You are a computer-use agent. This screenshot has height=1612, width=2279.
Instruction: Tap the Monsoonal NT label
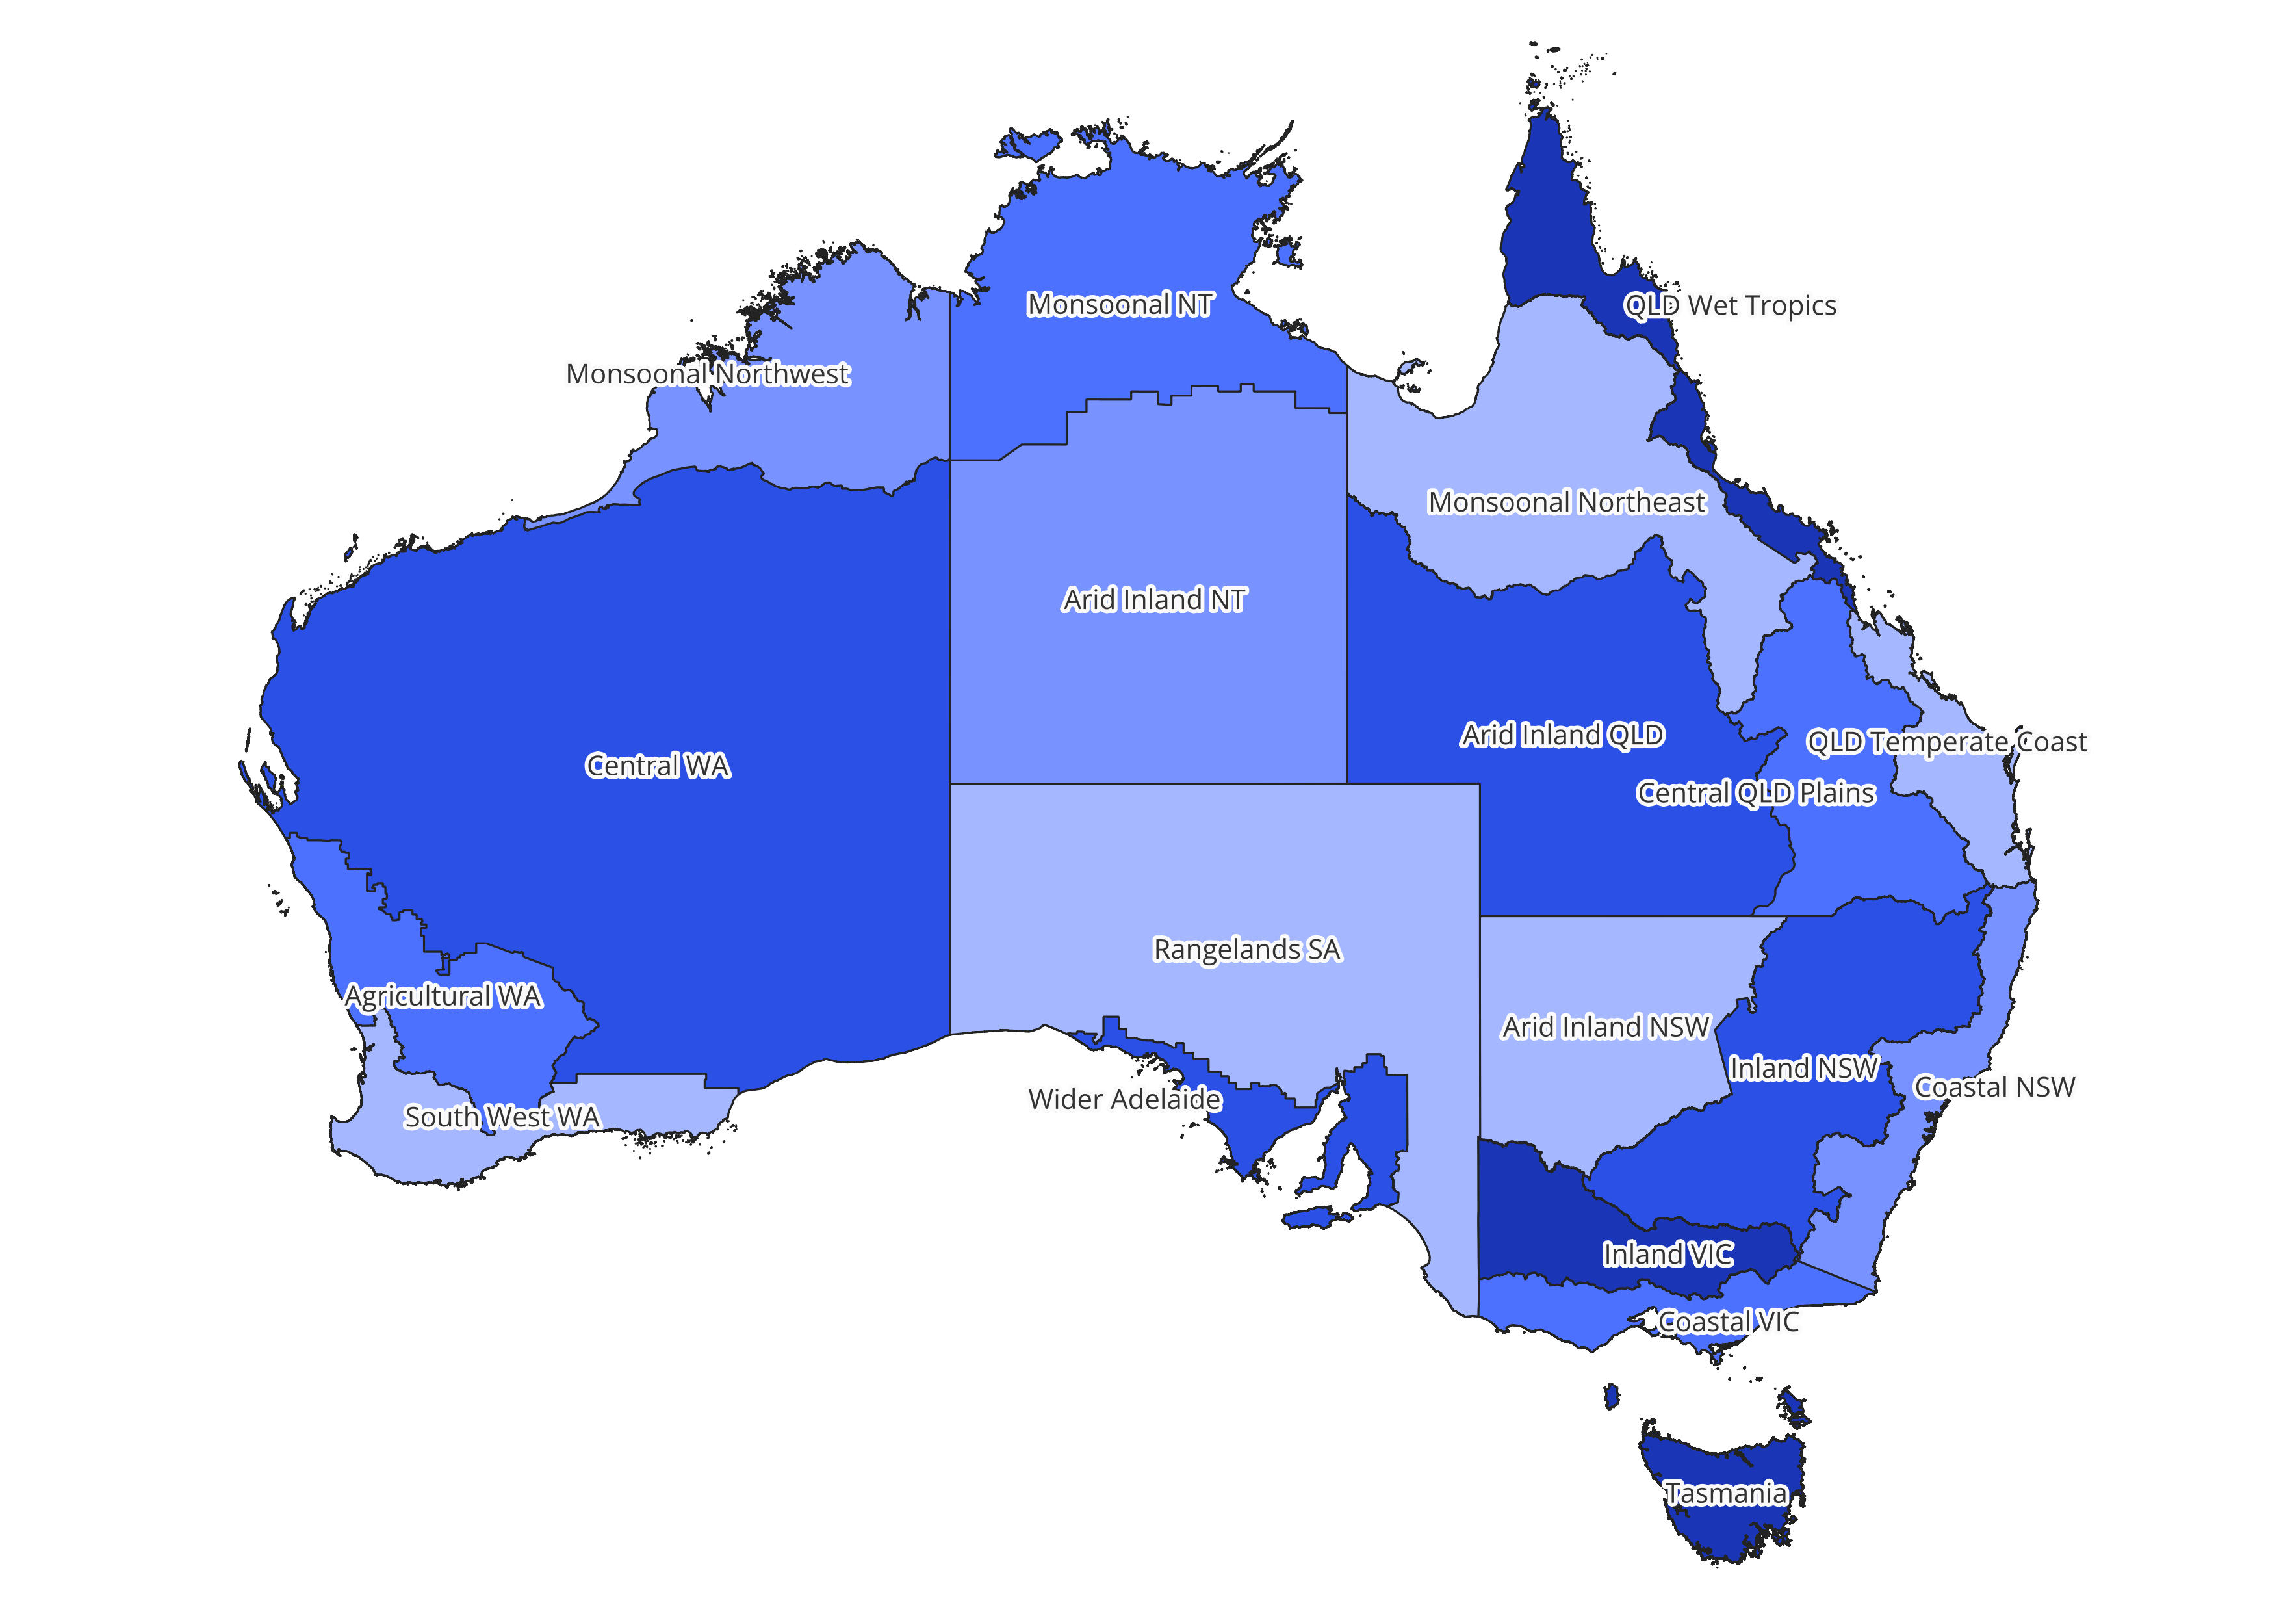(1120, 305)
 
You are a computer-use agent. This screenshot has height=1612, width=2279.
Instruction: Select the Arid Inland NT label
(1153, 599)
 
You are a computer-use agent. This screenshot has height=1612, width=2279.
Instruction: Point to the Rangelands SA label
(1246, 950)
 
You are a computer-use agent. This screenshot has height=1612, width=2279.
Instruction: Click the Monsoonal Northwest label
(708, 374)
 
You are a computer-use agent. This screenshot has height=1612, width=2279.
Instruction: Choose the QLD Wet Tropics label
(1729, 305)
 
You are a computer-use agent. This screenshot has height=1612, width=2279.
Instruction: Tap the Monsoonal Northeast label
(1566, 502)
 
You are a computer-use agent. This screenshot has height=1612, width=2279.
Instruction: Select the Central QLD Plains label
(1755, 793)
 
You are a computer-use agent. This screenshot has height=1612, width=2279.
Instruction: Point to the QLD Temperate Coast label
(1946, 742)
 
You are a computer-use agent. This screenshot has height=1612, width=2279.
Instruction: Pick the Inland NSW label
(1803, 1068)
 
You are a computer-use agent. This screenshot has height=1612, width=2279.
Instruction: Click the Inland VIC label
(1667, 1254)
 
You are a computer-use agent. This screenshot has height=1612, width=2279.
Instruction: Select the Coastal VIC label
(1727, 1322)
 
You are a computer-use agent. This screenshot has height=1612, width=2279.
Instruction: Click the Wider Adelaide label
(1125, 1100)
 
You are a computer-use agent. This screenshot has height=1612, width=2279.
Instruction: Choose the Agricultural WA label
(443, 996)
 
